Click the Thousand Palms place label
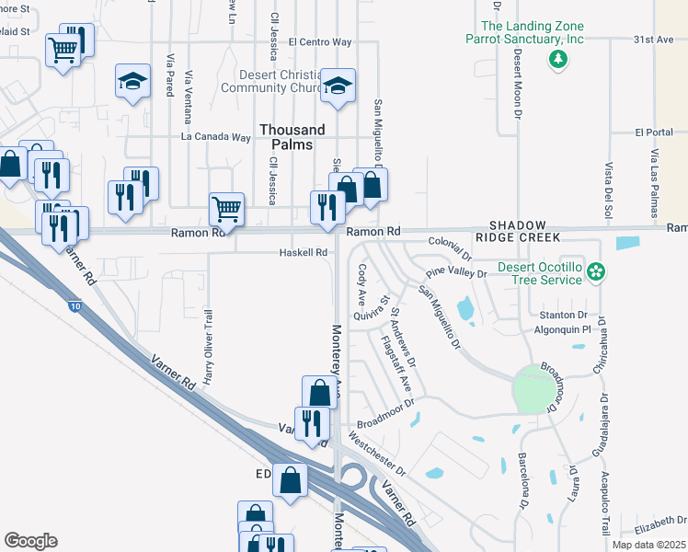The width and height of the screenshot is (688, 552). point(292,137)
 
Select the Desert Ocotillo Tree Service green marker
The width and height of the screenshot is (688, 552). point(596,271)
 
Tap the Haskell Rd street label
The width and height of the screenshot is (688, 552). point(304,252)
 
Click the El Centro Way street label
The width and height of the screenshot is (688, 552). point(319,41)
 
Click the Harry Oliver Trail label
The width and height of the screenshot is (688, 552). point(209,345)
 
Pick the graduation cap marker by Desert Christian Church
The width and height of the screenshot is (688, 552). point(338,86)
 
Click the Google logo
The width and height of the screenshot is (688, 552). point(30,541)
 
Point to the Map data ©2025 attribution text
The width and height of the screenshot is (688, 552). point(648,545)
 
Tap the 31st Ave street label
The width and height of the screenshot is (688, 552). point(654,40)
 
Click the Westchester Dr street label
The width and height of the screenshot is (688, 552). point(375,454)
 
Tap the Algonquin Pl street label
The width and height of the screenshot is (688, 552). point(560,327)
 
